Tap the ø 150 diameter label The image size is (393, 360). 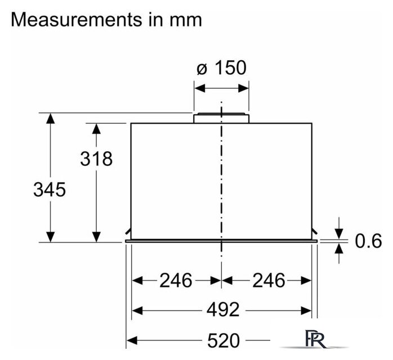[x=221, y=67]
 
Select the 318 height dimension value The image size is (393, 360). [x=96, y=159]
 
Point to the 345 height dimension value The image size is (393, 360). [x=50, y=189]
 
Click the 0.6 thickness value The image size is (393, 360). [x=368, y=241]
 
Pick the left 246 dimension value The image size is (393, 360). [x=176, y=280]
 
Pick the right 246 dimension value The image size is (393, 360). [x=269, y=280]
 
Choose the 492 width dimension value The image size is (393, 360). [x=223, y=310]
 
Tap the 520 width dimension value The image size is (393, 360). [x=224, y=340]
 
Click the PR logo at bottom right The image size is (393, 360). [x=316, y=339]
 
